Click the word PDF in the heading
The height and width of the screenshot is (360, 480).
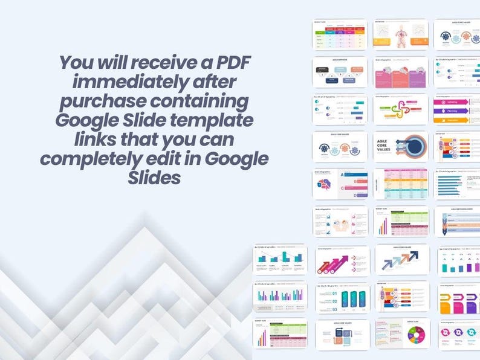[x=232, y=63]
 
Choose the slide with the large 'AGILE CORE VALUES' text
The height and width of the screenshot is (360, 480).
[x=400, y=147]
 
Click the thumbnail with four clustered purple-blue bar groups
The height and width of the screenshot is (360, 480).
[x=279, y=296]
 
